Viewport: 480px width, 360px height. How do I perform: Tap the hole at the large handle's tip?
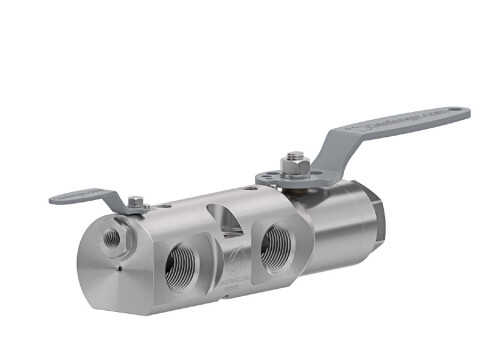(x=457, y=110)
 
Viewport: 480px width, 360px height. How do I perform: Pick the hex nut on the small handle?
(x=137, y=203)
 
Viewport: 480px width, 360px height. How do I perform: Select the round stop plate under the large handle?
(x=290, y=180)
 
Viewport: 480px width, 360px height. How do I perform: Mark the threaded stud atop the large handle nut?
(x=295, y=156)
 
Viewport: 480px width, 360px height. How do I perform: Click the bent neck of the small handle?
(x=117, y=201)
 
